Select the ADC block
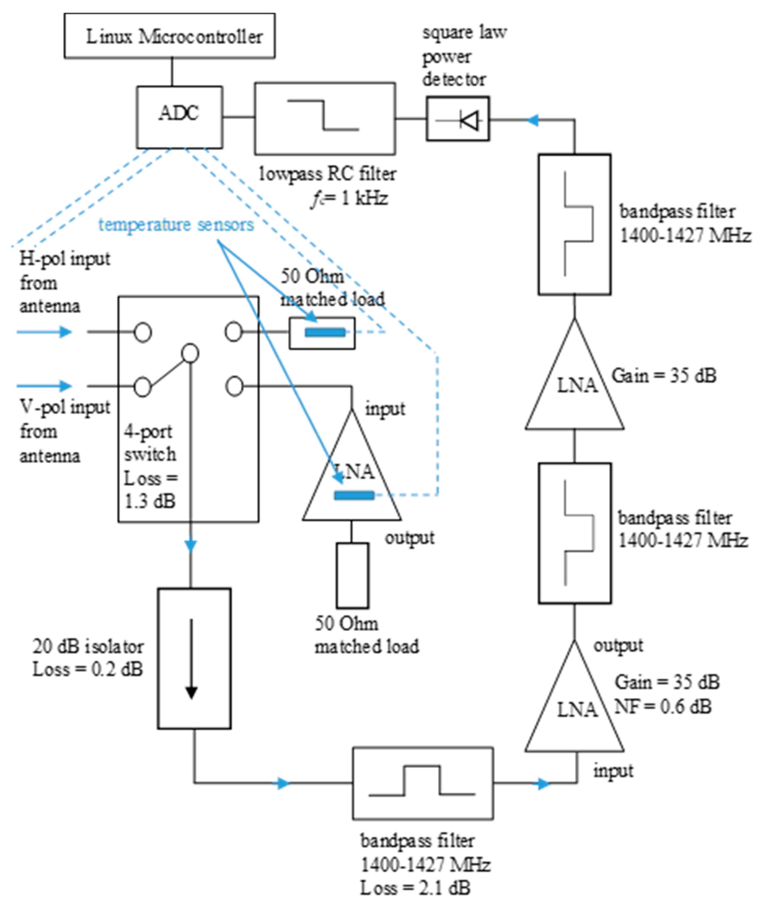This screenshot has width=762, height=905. pyautogui.click(x=180, y=117)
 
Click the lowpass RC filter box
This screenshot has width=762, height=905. pyautogui.click(x=325, y=118)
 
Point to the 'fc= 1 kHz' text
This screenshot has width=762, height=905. pyautogui.click(x=349, y=199)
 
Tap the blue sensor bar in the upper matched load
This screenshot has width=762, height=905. pyautogui.click(x=325, y=332)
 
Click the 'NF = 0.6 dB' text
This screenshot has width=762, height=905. pyautogui.click(x=662, y=707)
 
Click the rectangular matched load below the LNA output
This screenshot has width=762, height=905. pyautogui.click(x=353, y=575)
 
